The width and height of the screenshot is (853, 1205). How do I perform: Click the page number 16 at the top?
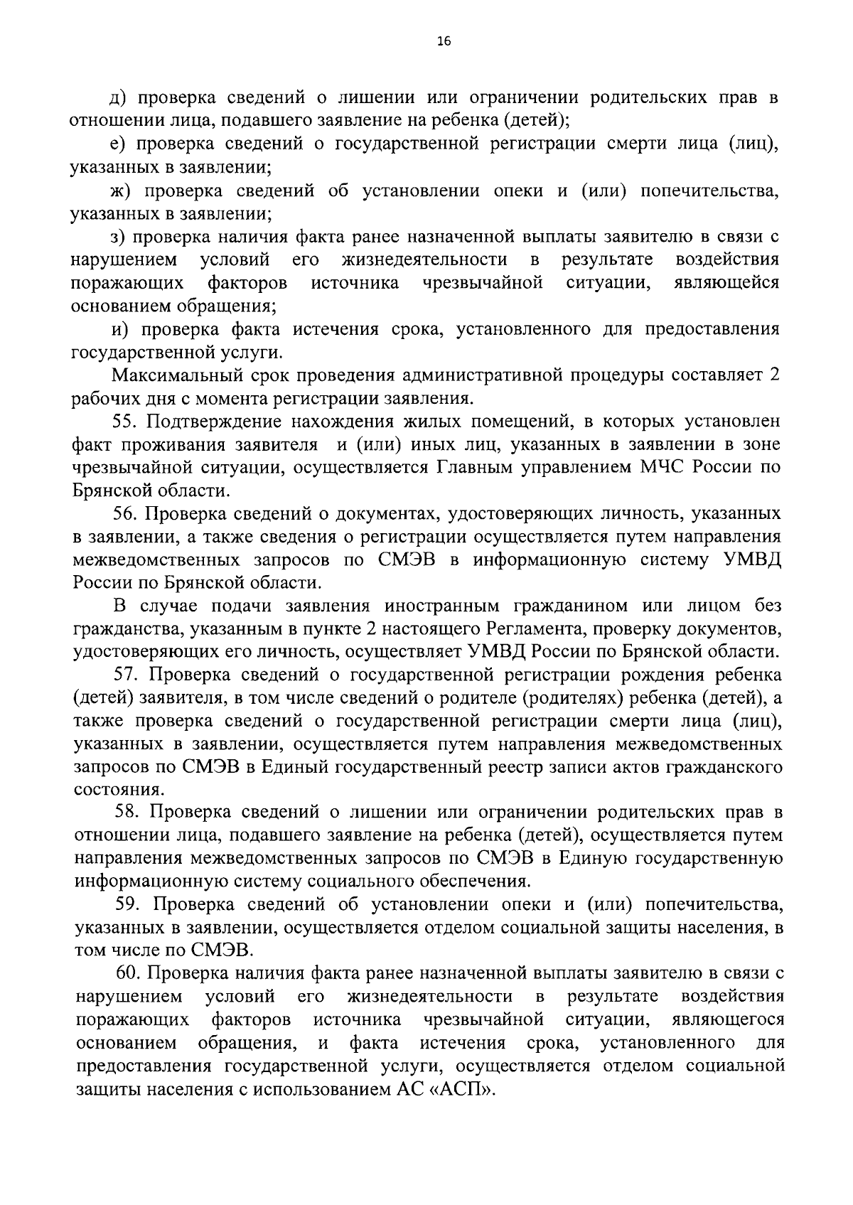tap(443, 42)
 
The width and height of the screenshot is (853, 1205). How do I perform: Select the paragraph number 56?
tap(127, 513)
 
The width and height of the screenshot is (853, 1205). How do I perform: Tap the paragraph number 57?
tap(129, 674)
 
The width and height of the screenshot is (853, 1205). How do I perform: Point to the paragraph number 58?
tap(129, 812)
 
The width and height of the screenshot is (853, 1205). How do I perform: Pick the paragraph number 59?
tap(131, 904)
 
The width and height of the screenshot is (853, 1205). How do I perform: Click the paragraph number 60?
tap(131, 973)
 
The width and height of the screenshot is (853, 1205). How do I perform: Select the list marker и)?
tap(120, 329)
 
